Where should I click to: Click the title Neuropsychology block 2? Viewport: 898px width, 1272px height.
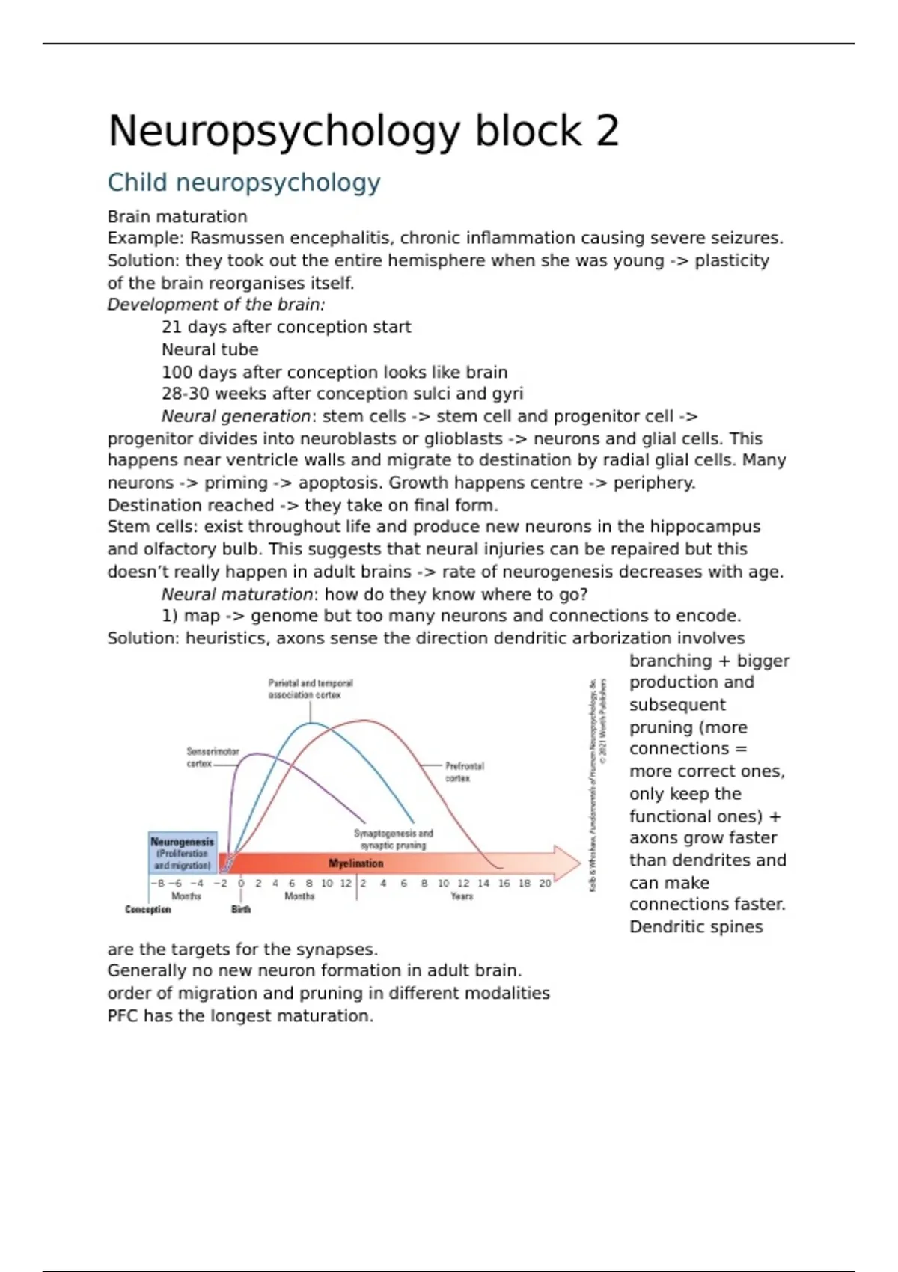tap(364, 132)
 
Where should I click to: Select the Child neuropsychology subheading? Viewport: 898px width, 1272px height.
tap(244, 183)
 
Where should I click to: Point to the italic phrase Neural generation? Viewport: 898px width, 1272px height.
tap(235, 416)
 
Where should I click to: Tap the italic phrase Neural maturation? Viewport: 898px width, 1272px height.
tap(236, 594)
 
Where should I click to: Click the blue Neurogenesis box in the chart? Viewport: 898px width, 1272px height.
tap(183, 853)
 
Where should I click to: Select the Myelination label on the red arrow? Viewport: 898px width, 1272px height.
tap(356, 863)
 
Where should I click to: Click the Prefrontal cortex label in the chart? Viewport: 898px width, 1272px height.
tap(464, 772)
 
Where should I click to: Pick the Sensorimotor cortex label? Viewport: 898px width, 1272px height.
tap(212, 757)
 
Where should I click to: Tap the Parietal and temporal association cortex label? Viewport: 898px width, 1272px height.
tap(310, 689)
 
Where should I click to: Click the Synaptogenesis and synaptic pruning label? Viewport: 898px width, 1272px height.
tap(393, 839)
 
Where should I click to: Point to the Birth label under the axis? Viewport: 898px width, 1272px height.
tap(241, 909)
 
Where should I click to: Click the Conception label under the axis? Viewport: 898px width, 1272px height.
tap(148, 909)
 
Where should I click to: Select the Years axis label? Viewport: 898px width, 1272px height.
tap(462, 896)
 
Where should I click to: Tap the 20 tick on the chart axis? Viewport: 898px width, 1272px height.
tap(545, 884)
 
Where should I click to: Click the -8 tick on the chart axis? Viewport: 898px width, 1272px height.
tap(157, 884)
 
